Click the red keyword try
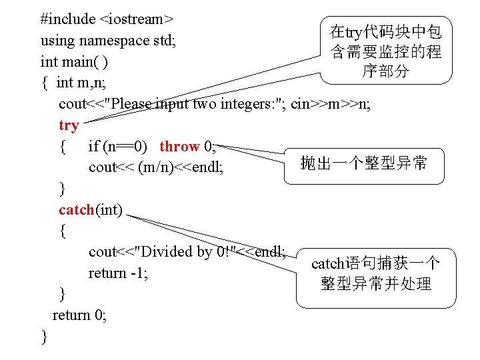[x=69, y=125]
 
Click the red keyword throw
[x=179, y=146]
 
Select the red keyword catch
[x=77, y=210]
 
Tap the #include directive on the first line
[x=67, y=18]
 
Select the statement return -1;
[x=118, y=273]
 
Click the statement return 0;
[x=79, y=315]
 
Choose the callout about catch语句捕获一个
[x=375, y=273]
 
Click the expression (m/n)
[x=159, y=167]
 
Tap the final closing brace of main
[x=44, y=336]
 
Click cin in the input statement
[x=301, y=104]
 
